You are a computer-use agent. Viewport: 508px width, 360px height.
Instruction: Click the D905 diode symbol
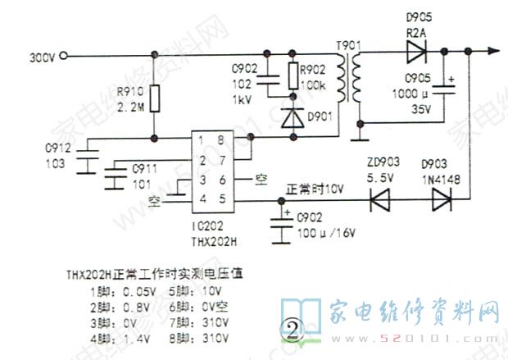point(412,51)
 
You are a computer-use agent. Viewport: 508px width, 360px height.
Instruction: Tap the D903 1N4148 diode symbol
point(442,199)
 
